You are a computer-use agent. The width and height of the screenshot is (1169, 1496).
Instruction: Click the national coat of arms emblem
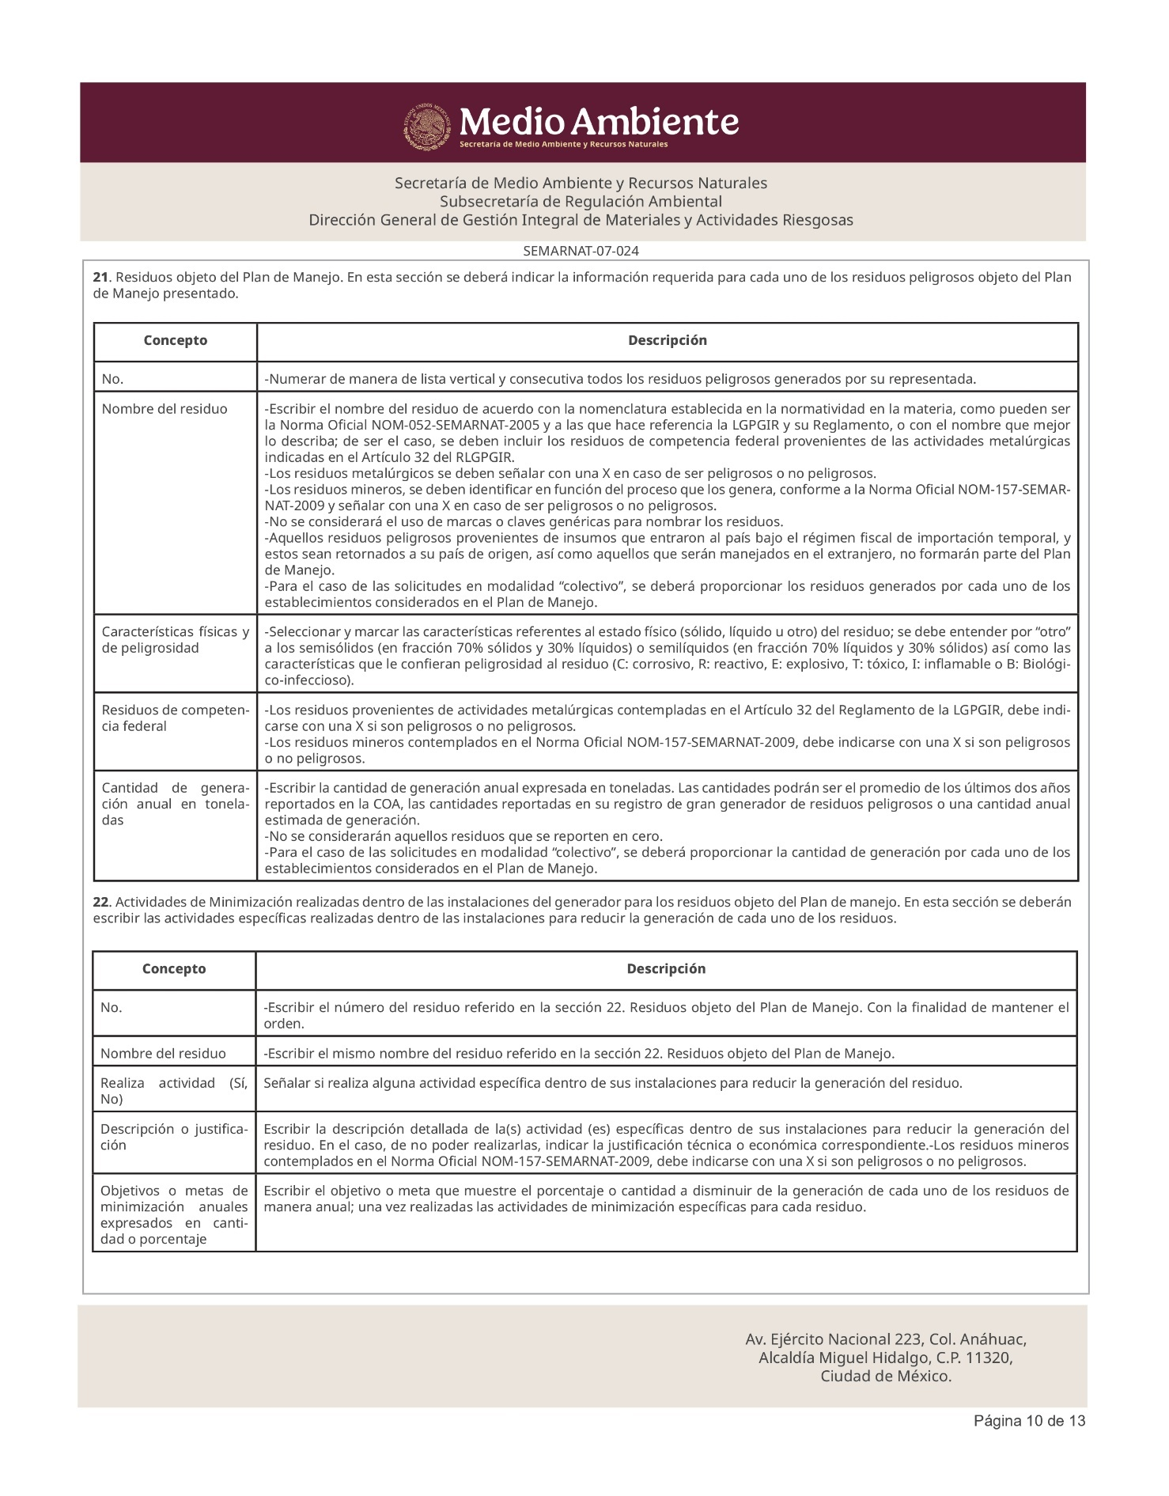pyautogui.click(x=429, y=127)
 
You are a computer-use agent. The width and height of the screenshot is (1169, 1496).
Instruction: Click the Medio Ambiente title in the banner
pyautogui.click(x=599, y=123)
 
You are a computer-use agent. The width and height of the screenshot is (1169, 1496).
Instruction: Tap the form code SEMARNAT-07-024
pyautogui.click(x=581, y=252)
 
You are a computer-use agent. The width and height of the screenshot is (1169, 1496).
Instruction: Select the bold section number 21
pyautogui.click(x=100, y=278)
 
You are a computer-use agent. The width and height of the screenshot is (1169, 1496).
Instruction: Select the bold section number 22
pyautogui.click(x=100, y=903)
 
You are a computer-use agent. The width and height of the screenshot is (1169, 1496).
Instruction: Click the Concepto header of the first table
pyautogui.click(x=175, y=341)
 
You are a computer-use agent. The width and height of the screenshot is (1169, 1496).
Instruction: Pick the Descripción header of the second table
pyautogui.click(x=666, y=969)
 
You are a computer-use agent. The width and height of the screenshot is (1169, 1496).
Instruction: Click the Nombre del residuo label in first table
pyautogui.click(x=165, y=409)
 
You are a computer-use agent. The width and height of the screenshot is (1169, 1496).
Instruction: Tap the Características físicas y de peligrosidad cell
pyautogui.click(x=175, y=640)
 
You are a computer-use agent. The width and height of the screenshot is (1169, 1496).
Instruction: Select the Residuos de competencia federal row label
pyautogui.click(x=175, y=718)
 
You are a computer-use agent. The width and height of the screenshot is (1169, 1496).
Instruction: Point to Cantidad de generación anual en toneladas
pyautogui.click(x=175, y=804)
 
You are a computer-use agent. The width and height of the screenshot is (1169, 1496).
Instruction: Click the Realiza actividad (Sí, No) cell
pyautogui.click(x=173, y=1091)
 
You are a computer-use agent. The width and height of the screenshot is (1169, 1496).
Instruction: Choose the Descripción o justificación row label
pyautogui.click(x=173, y=1137)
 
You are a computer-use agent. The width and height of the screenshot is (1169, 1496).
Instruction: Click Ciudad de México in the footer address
pyautogui.click(x=885, y=1376)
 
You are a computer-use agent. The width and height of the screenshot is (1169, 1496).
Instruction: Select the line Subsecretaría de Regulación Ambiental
pyautogui.click(x=581, y=202)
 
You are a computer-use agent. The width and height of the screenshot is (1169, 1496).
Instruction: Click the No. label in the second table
pyautogui.click(x=112, y=1008)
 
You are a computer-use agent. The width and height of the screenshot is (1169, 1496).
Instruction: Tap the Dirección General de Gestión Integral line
pyautogui.click(x=581, y=220)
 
